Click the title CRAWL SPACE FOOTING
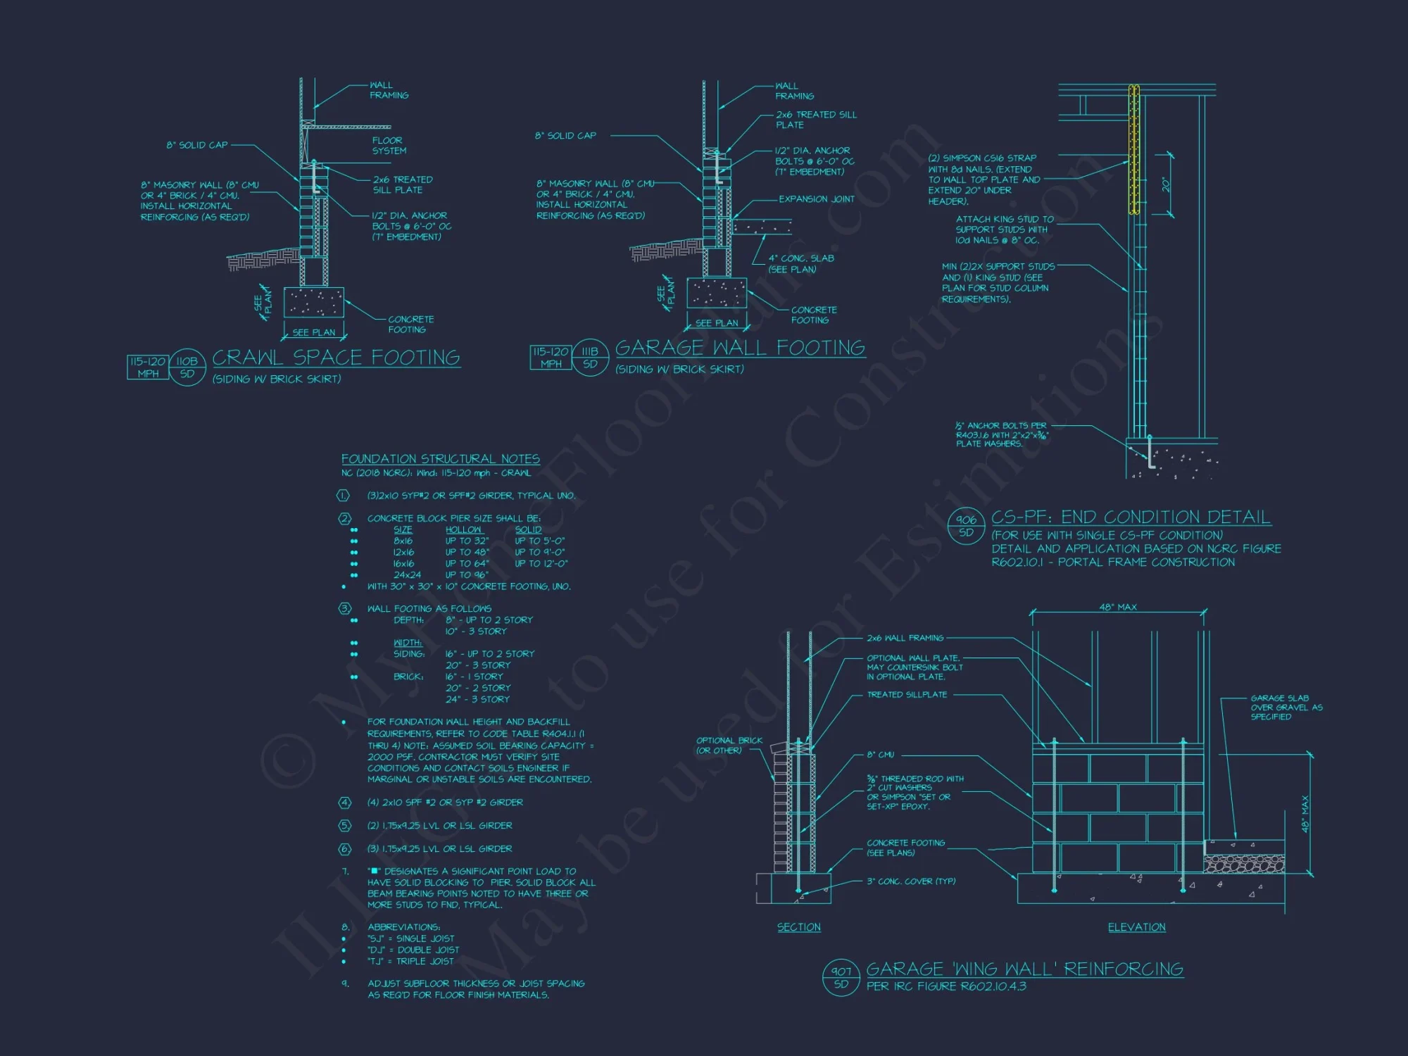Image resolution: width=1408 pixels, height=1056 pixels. pyautogui.click(x=336, y=358)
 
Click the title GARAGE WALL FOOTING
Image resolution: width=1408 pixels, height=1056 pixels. pyautogui.click(x=739, y=348)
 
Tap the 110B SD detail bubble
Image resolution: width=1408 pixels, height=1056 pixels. pyautogui.click(x=187, y=367)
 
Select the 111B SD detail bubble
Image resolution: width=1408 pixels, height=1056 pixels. pyautogui.click(x=590, y=358)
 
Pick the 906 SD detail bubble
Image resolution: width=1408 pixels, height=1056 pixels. pyautogui.click(x=966, y=526)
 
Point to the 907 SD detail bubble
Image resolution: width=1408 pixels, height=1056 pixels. pyautogui.click(x=841, y=978)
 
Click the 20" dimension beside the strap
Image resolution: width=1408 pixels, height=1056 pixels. pyautogui.click(x=1166, y=184)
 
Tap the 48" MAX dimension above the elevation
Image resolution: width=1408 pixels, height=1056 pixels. pyautogui.click(x=1118, y=607)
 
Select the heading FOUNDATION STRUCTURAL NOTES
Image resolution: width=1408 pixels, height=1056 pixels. pyautogui.click(x=441, y=459)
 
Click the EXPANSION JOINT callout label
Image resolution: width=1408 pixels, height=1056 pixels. pyautogui.click(x=816, y=199)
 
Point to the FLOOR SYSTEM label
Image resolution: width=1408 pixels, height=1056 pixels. pyautogui.click(x=389, y=146)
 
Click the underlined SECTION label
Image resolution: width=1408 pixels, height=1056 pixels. pyautogui.click(x=798, y=927)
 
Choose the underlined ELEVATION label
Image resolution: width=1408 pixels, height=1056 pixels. pyautogui.click(x=1136, y=927)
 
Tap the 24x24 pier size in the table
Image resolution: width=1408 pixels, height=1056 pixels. pyautogui.click(x=407, y=575)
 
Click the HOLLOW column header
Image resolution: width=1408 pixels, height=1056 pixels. pyautogui.click(x=463, y=529)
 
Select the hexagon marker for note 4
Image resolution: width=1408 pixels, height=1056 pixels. pyautogui.click(x=344, y=803)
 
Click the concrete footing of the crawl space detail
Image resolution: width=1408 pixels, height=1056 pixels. pyautogui.click(x=313, y=303)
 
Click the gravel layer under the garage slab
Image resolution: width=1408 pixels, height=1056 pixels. pyautogui.click(x=1244, y=864)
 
